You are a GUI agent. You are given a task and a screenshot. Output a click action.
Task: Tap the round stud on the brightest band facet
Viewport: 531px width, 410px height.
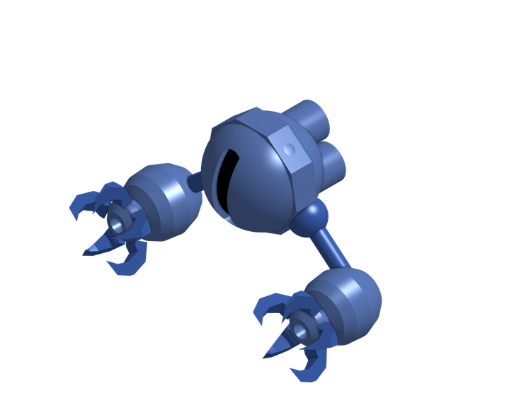289,149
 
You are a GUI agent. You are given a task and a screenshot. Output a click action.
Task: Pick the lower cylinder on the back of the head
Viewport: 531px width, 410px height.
331,162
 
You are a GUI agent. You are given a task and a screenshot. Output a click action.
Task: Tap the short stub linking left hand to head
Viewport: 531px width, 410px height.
196,184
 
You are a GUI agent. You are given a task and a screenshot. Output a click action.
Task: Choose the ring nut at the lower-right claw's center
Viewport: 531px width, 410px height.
306,327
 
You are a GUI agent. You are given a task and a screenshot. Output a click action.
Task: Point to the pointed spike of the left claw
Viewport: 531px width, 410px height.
96,247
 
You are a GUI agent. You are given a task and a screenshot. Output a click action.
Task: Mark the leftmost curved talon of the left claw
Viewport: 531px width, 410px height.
79,205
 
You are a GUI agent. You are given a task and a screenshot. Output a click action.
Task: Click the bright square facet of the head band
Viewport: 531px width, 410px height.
288,151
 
